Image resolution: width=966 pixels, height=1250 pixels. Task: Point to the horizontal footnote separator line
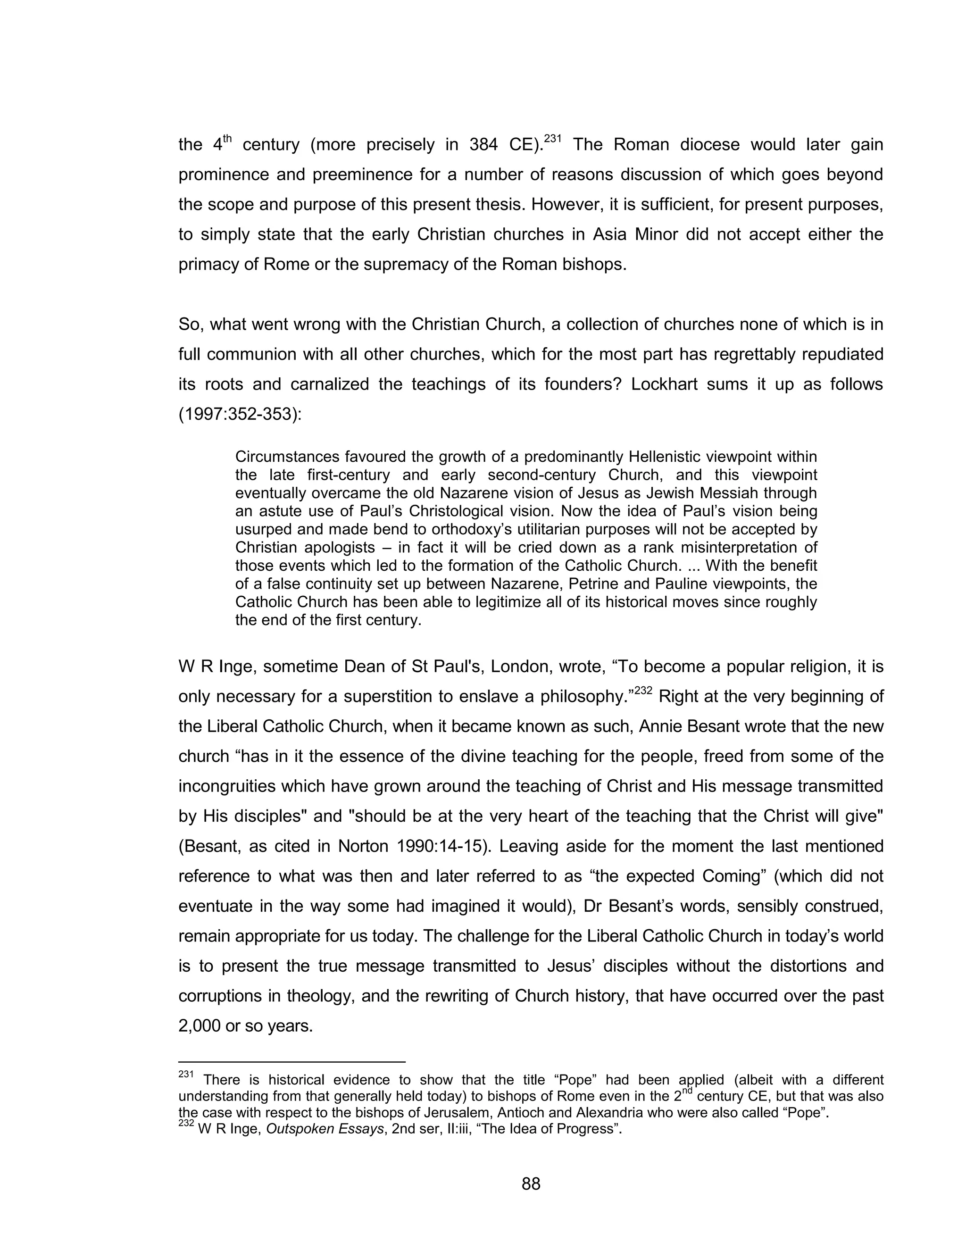(292, 1062)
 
